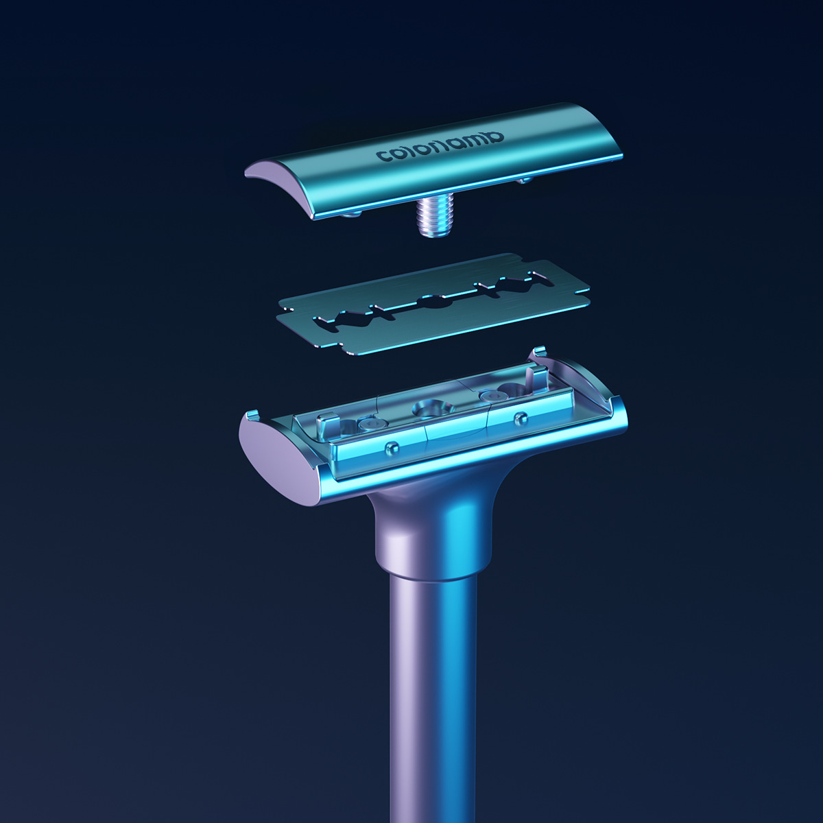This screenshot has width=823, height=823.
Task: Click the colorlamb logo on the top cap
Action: click(x=440, y=147)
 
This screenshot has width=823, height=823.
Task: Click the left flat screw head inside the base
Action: click(x=372, y=424)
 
